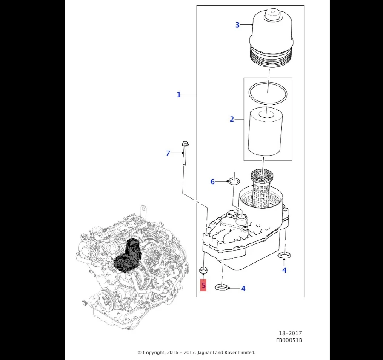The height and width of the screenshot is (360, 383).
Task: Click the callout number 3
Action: tap(237, 25)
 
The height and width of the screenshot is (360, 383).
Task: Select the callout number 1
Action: tap(179, 94)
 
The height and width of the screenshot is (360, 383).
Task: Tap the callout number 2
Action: tap(232, 119)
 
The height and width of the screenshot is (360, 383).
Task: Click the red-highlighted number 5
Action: tap(203, 285)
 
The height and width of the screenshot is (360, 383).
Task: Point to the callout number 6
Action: tap(213, 182)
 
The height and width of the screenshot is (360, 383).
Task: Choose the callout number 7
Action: tap(168, 153)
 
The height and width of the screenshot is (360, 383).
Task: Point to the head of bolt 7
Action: tap(185, 146)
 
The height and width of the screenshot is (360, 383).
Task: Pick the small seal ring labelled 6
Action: tap(234, 182)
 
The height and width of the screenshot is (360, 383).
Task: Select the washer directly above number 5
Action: tap(203, 270)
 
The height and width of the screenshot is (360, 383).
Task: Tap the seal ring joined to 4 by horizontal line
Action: tap(222, 288)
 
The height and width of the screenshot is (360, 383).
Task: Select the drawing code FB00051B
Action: tap(289, 340)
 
